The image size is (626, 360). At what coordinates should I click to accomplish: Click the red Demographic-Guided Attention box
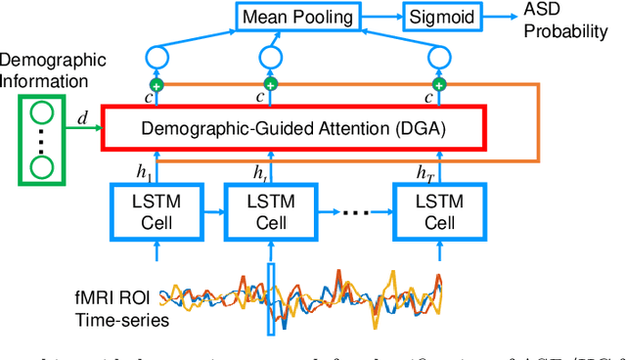tap(292, 127)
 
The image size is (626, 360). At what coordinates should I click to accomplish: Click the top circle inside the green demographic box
tap(41, 109)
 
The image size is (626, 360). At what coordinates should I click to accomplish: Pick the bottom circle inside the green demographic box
tap(41, 168)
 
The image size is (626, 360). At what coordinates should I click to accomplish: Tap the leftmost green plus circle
tap(155, 85)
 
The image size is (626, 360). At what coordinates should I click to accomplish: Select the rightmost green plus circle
tap(439, 85)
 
